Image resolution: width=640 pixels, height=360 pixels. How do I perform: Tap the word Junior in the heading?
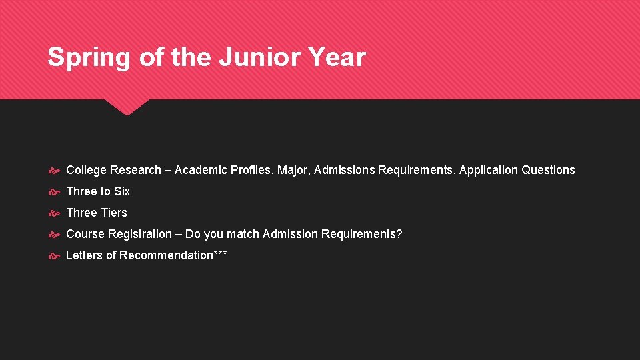click(x=250, y=57)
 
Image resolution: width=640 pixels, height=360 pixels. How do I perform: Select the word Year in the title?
click(x=337, y=57)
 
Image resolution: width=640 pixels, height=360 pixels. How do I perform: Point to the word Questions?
click(x=548, y=170)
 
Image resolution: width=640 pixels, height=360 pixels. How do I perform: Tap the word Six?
click(x=122, y=191)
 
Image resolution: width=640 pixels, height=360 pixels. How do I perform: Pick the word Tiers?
click(x=114, y=213)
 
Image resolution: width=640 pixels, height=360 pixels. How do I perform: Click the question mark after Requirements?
click(x=399, y=234)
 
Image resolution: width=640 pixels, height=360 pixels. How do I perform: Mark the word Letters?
click(x=84, y=255)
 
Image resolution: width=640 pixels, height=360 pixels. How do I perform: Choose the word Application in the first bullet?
click(x=489, y=170)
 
